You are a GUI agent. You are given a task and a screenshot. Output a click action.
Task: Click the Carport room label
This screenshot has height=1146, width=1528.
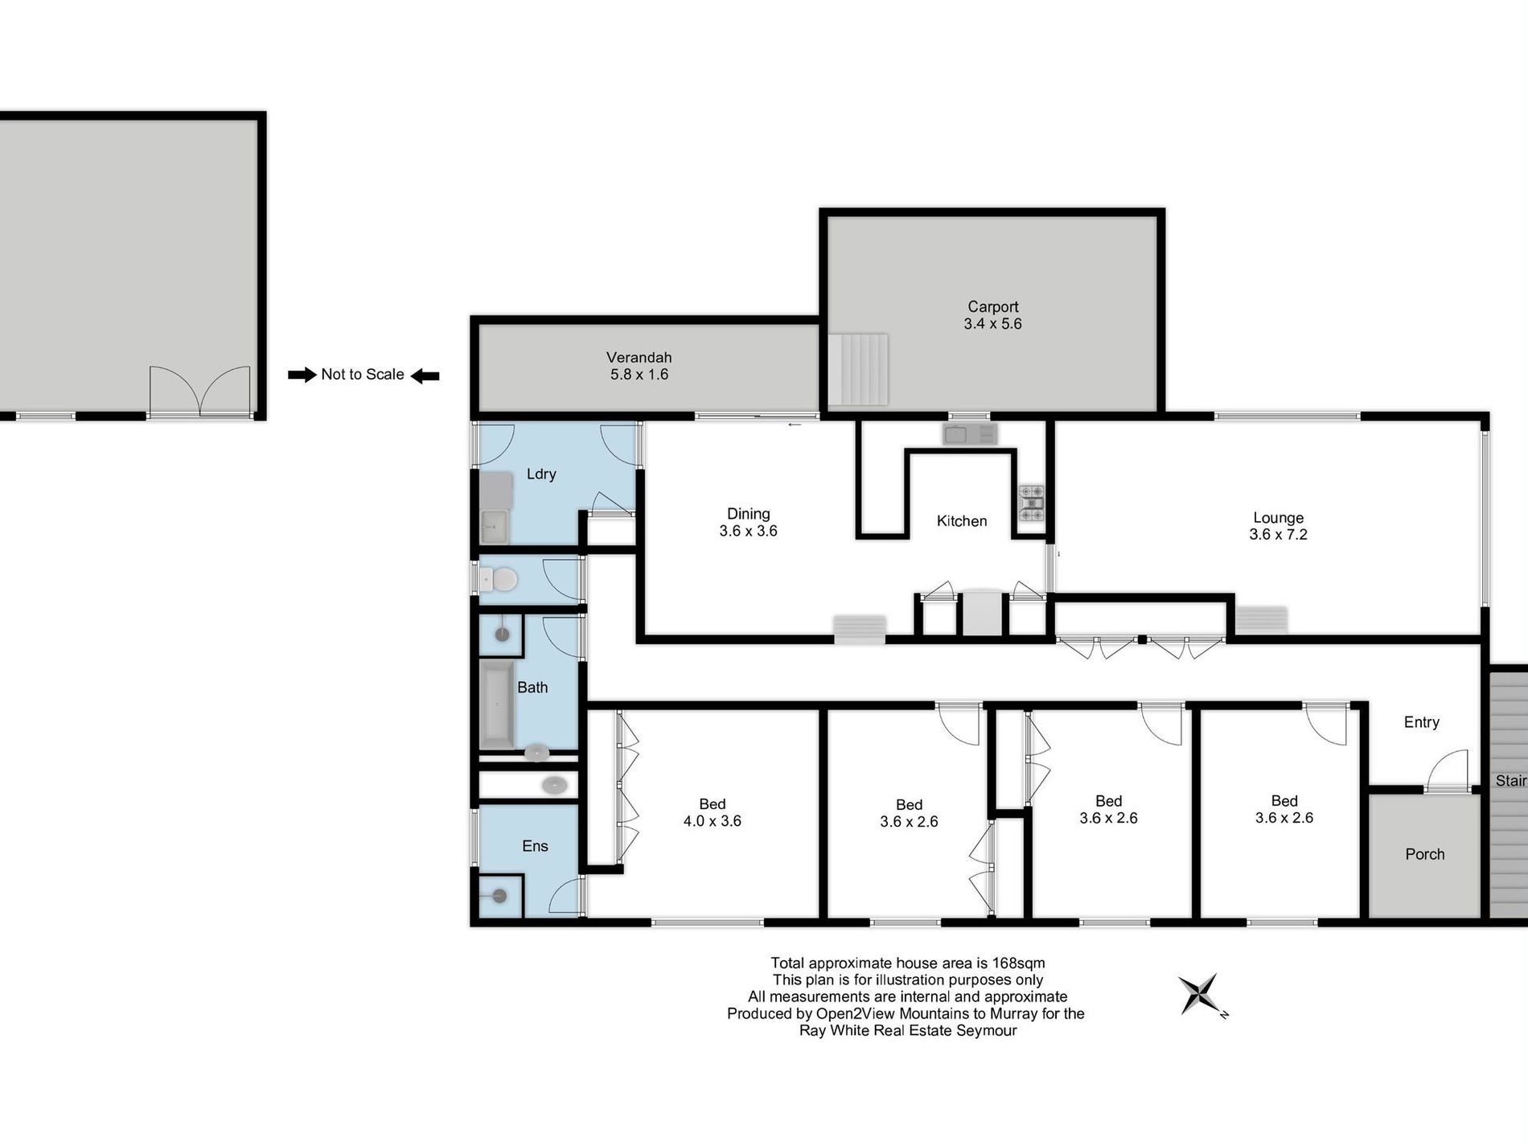(x=992, y=306)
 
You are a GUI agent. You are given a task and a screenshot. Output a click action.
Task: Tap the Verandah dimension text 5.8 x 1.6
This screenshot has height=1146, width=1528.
(x=639, y=374)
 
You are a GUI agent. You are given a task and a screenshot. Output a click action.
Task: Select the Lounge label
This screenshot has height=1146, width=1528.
(x=1278, y=518)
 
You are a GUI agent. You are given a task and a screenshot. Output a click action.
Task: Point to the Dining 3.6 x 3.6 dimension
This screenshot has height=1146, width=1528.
(x=748, y=531)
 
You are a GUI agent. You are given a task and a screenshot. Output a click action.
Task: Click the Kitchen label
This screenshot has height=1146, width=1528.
(x=962, y=521)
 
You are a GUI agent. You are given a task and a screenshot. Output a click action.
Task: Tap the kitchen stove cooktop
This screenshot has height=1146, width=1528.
(x=1031, y=503)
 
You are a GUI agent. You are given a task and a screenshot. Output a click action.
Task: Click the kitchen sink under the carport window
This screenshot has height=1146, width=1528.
(x=970, y=435)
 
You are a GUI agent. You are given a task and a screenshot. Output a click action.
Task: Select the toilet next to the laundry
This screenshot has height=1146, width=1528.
(x=498, y=579)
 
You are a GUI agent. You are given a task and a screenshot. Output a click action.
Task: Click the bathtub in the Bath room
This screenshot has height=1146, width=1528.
(x=497, y=705)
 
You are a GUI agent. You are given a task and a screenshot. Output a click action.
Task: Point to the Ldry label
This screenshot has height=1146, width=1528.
(x=541, y=474)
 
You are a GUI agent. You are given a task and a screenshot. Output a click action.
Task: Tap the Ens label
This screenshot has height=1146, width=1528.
(x=535, y=846)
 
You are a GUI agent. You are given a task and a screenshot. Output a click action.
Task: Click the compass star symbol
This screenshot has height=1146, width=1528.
(x=1200, y=994)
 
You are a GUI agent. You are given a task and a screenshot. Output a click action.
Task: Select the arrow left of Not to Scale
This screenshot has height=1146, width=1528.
(x=302, y=375)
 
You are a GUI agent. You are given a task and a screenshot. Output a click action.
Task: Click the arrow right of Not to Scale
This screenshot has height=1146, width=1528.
(x=425, y=375)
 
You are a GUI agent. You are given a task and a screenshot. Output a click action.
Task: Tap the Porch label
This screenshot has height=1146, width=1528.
(x=1424, y=854)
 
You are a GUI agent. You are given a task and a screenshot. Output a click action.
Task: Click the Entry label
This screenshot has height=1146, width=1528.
(x=1421, y=722)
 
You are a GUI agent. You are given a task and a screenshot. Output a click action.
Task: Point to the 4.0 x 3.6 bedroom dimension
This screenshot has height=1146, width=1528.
(x=712, y=821)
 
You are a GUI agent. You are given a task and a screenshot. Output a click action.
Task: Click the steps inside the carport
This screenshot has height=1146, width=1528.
(x=858, y=370)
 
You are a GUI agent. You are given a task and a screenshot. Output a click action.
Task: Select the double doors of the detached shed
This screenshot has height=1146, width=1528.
(x=199, y=391)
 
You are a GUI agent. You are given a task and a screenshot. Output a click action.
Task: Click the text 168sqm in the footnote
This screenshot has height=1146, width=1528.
(x=1018, y=963)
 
